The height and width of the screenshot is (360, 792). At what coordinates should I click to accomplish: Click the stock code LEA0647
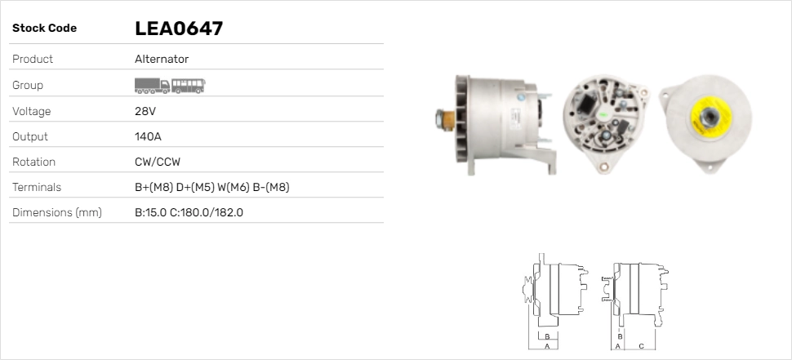[179, 29]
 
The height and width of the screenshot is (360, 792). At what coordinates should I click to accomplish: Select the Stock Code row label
[44, 29]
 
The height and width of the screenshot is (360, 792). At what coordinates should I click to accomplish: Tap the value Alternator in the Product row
[162, 60]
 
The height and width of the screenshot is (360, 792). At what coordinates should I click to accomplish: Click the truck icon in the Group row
[152, 85]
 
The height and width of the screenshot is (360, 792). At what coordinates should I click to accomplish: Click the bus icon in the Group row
[189, 85]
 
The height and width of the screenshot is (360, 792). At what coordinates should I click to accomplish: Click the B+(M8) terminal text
[154, 188]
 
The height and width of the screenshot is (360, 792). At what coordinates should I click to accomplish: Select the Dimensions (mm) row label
[56, 213]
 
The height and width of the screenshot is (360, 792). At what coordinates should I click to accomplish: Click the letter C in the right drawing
[641, 346]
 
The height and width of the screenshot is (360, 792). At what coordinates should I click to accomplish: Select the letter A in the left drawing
[546, 346]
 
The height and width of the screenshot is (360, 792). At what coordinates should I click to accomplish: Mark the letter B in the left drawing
[546, 336]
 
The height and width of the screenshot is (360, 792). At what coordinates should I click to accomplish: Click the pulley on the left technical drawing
[529, 292]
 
